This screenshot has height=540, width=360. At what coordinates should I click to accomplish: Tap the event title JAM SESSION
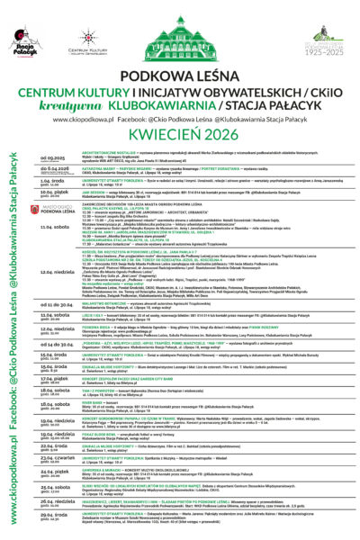pos(93,215)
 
